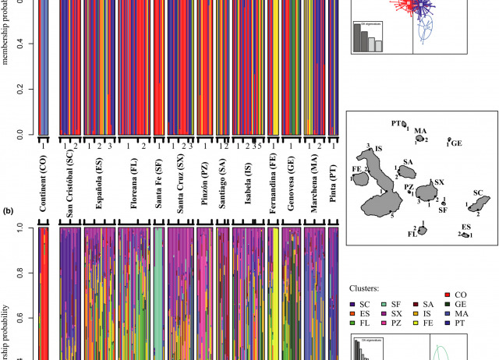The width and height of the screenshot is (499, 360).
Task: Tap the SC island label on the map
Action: (478, 192)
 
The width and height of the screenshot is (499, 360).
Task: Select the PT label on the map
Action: (395, 123)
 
